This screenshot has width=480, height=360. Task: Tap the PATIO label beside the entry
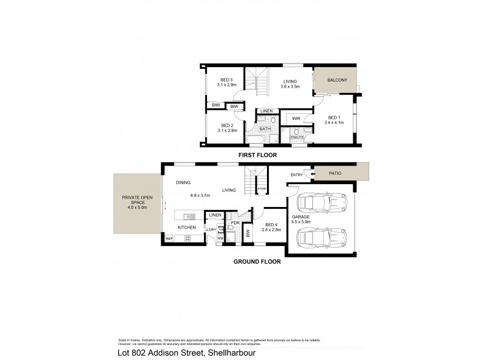tap(335, 173)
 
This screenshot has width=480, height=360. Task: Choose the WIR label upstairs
tap(296, 119)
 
